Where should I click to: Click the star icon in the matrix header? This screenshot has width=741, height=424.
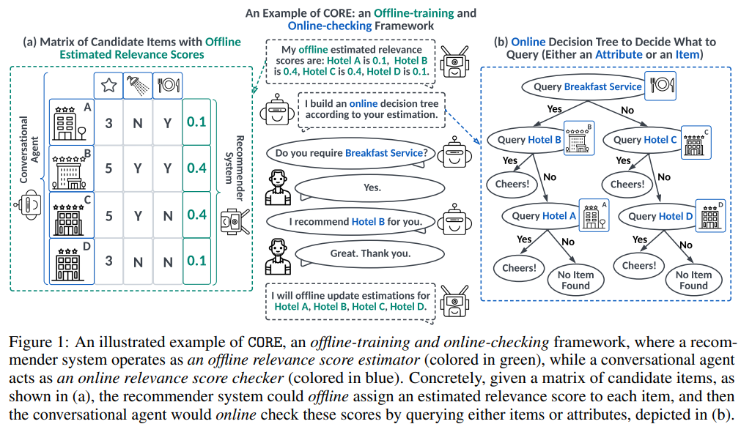pyautogui.click(x=108, y=86)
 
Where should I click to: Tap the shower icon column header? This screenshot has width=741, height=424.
pyautogui.click(x=138, y=86)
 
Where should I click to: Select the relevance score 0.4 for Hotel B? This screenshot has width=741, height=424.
pyautogui.click(x=196, y=168)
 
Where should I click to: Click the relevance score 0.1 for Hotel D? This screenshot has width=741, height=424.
pyautogui.click(x=196, y=261)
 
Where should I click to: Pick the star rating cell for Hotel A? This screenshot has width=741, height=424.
pyautogui.click(x=108, y=123)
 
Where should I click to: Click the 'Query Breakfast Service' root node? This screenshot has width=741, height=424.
pyautogui.click(x=587, y=87)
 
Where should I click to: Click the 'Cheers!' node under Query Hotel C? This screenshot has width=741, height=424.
pyautogui.click(x=627, y=184)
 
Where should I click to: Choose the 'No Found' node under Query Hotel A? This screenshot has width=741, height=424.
pyautogui.click(x=575, y=280)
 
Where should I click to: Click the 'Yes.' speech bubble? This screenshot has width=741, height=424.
pyautogui.click(x=369, y=188)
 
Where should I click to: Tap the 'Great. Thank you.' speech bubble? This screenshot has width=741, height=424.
pyautogui.click(x=369, y=253)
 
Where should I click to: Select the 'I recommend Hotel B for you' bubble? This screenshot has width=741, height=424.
pyautogui.click(x=350, y=222)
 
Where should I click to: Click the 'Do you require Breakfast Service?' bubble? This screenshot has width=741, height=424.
pyautogui.click(x=350, y=154)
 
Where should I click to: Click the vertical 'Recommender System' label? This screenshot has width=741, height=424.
pyautogui.click(x=235, y=168)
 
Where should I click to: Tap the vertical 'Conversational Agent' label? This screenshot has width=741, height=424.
pyautogui.click(x=29, y=149)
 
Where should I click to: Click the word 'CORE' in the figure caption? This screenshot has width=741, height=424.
pyautogui.click(x=265, y=342)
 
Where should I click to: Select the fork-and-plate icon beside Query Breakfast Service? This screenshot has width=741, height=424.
pyautogui.click(x=660, y=86)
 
